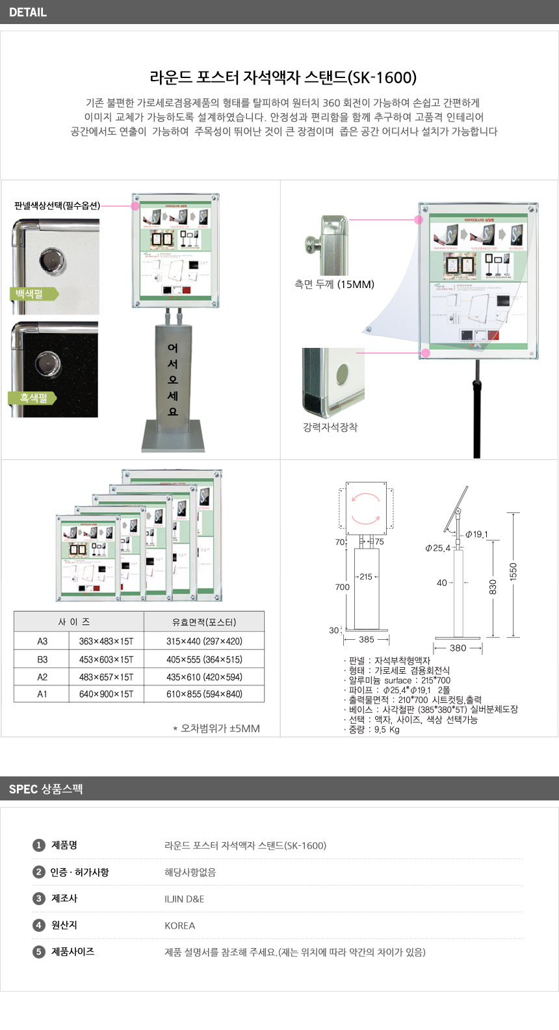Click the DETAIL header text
tap(28, 12)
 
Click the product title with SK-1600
tap(283, 77)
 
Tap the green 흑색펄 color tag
tap(32, 398)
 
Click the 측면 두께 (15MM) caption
tap(334, 284)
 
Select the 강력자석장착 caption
tap(330, 427)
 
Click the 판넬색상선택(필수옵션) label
tap(57, 205)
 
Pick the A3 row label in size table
tap(42, 641)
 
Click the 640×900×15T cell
tap(106, 694)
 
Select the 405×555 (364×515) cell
tap(204, 659)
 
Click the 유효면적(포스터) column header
tap(204, 622)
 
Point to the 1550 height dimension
tap(513, 572)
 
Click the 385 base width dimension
tap(367, 639)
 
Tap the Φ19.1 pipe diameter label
tap(476, 535)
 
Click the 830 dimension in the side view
tap(493, 587)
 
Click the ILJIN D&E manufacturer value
tap(185, 899)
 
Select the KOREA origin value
tap(180, 925)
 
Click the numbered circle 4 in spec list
tap(39, 925)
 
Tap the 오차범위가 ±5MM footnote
tap(216, 728)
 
